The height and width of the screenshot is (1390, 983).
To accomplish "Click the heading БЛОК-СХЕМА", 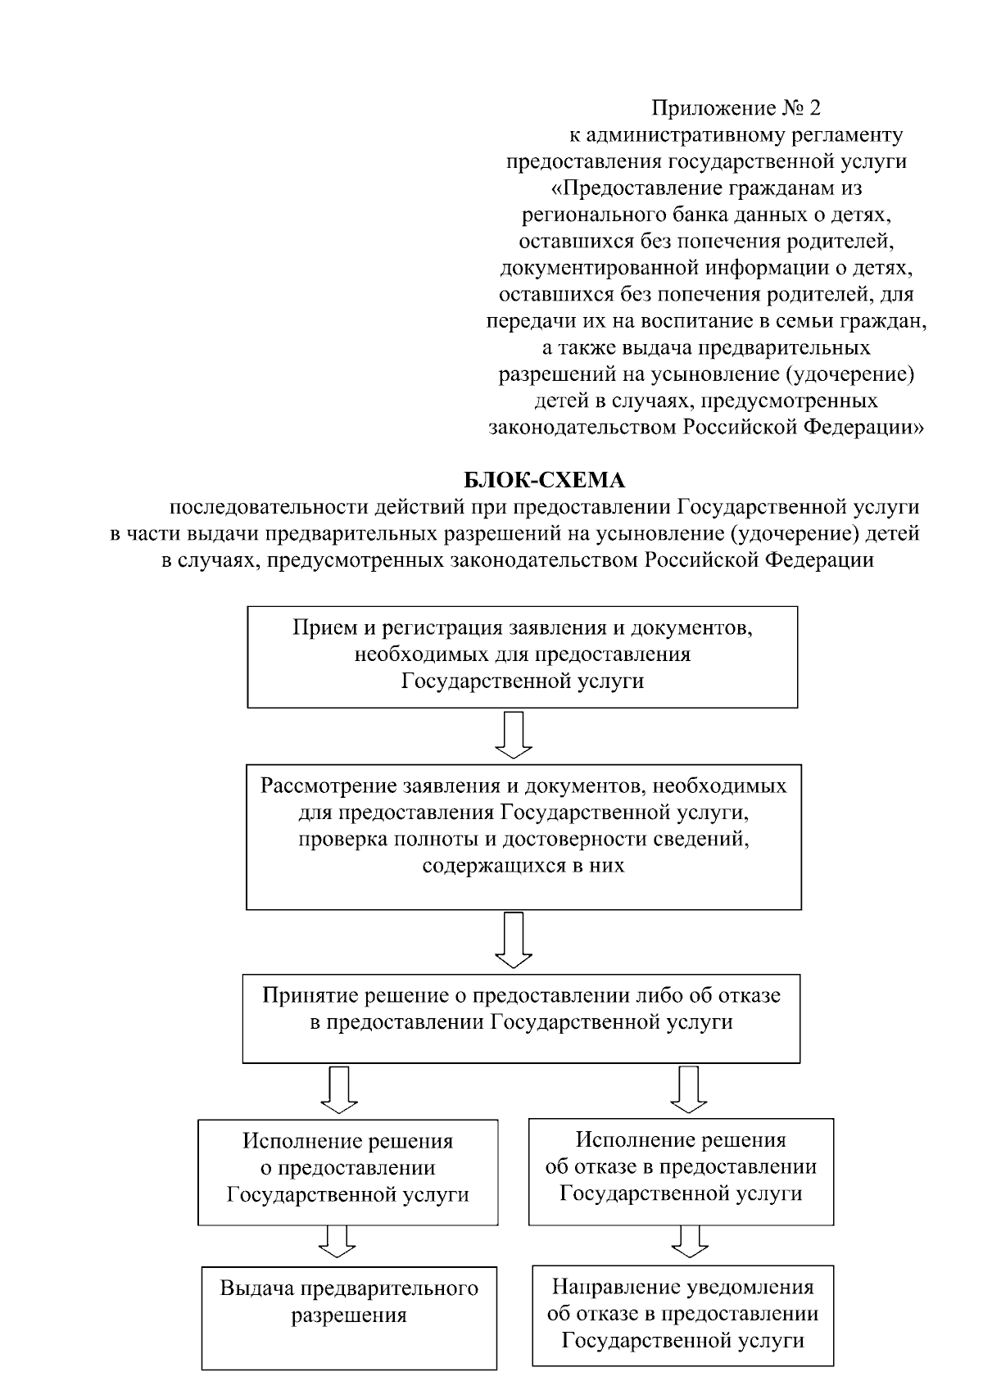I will [x=544, y=479].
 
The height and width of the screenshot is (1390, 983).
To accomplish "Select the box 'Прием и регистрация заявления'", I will [x=523, y=656].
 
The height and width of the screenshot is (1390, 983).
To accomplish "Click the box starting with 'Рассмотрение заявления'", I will [x=523, y=836].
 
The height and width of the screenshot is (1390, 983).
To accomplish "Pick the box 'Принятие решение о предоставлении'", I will [x=521, y=1017].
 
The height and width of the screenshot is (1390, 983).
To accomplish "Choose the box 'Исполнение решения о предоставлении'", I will [x=348, y=1171].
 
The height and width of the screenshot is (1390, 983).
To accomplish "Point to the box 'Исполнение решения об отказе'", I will [x=681, y=1171].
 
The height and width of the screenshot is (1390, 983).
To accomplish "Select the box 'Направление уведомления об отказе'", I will [x=682, y=1315].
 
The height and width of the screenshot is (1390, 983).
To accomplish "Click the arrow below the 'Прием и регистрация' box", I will [x=514, y=735].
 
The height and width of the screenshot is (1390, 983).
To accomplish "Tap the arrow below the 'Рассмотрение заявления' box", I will [x=514, y=940].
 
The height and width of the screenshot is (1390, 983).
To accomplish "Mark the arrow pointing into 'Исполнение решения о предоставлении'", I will [x=339, y=1090].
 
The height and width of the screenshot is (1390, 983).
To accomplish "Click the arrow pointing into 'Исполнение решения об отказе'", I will [x=688, y=1090].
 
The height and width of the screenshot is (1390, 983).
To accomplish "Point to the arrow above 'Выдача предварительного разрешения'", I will [x=337, y=1242].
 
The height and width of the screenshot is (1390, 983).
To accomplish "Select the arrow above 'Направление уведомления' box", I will [x=690, y=1242].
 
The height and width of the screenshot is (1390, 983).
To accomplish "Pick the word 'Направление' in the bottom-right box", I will [x=610, y=1287].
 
